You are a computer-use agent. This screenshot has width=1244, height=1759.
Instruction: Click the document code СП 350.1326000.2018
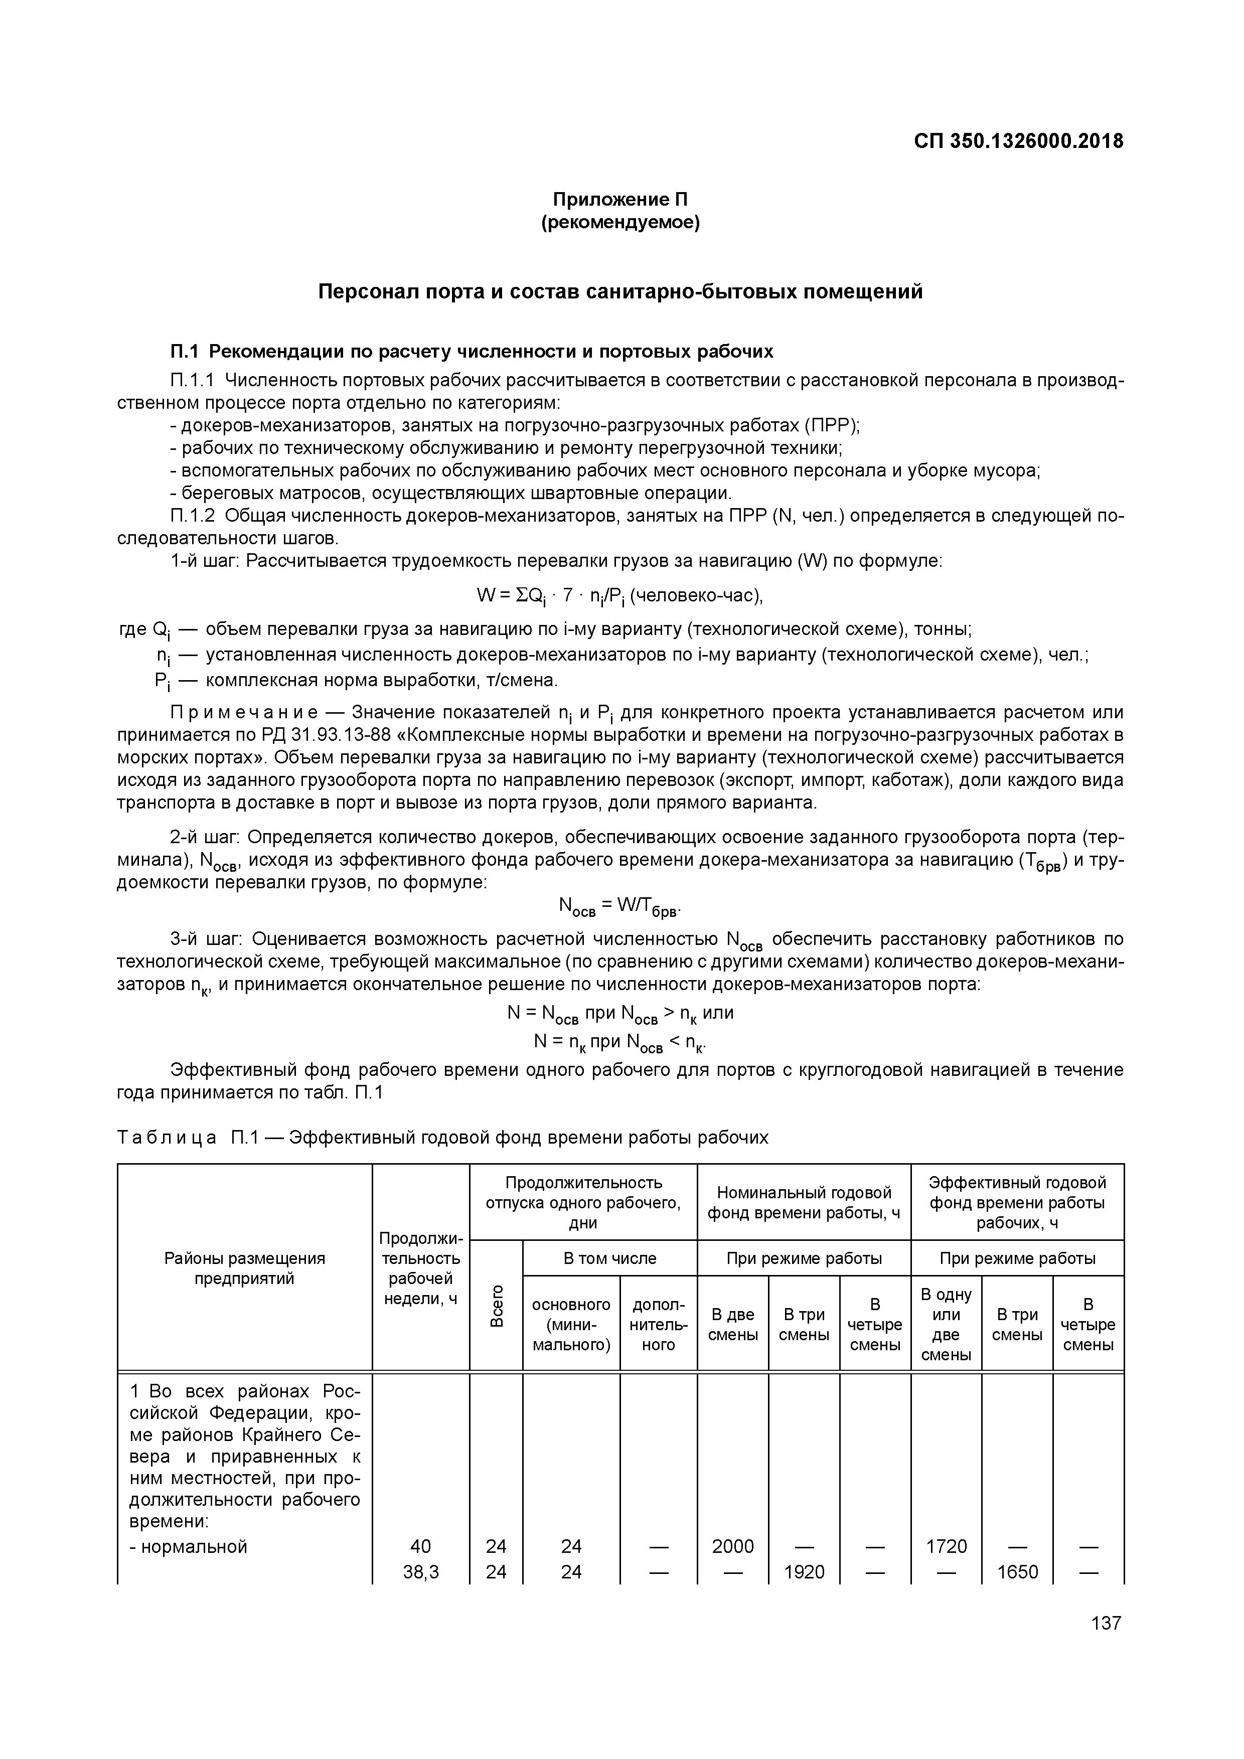pos(1018,142)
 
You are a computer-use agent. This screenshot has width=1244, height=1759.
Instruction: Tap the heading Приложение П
pos(620,200)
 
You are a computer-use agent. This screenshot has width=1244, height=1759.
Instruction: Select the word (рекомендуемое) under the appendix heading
pos(620,224)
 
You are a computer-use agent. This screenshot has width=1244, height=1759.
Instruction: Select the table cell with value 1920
pos(804,1572)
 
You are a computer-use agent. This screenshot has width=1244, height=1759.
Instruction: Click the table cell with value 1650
pos(1017,1572)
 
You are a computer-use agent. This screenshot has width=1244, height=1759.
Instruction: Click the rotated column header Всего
pos(497,1306)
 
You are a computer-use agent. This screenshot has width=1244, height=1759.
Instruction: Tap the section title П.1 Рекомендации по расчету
pos(471,352)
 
